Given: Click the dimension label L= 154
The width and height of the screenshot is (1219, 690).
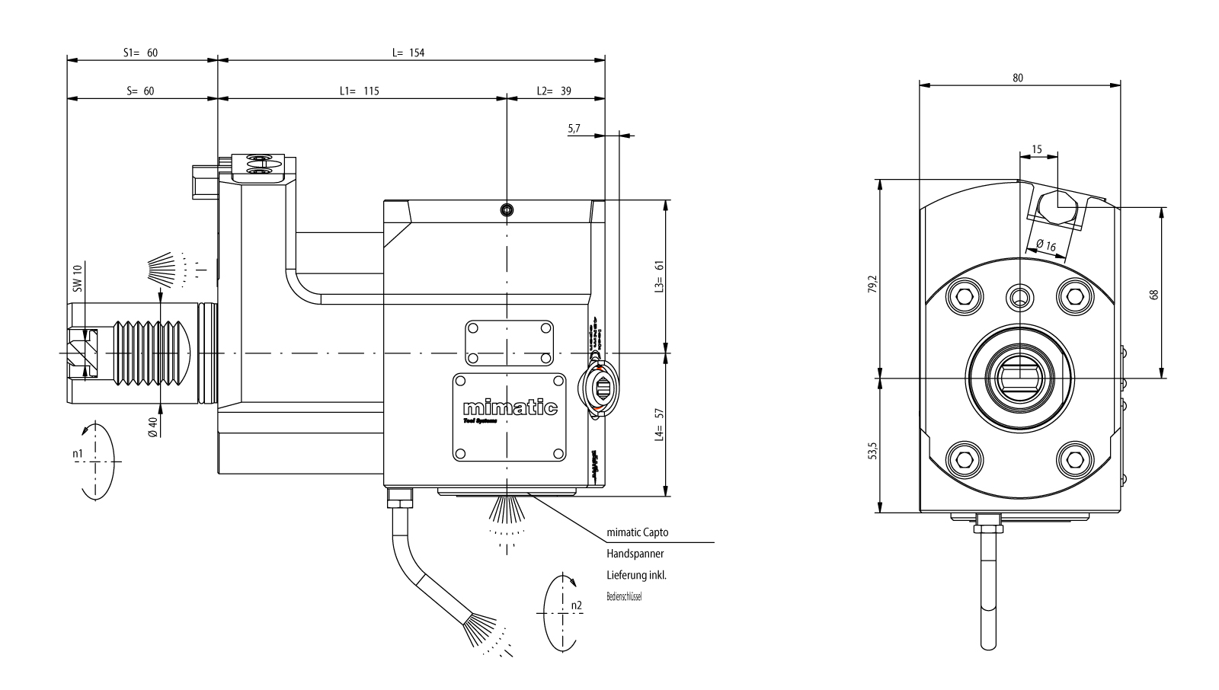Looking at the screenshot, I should click(408, 53).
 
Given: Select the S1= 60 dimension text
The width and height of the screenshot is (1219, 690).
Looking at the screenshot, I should click(141, 53).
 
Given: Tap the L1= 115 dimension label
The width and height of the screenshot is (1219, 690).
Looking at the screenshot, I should click(359, 91).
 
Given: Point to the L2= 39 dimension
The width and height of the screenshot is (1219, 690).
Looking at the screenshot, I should click(554, 91).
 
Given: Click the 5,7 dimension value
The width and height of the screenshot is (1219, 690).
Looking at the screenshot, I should click(574, 129).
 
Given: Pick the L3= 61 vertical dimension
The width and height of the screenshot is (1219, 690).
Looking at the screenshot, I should click(660, 276).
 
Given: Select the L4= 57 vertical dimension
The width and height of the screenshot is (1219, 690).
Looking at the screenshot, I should click(660, 424).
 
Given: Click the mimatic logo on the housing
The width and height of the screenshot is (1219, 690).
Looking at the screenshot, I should click(510, 408).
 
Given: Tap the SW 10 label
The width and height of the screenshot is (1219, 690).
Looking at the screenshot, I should click(77, 279).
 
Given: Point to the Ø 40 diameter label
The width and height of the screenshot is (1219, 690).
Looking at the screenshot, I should click(153, 426).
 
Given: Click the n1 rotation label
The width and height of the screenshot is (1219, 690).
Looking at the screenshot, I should click(78, 454).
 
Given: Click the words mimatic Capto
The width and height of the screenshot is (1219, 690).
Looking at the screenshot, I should click(637, 532).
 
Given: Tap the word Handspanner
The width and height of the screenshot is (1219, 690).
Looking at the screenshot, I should click(635, 554).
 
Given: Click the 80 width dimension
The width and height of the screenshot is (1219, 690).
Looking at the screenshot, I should click(1018, 77).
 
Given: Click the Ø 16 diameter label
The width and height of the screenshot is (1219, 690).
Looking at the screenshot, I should click(1045, 245).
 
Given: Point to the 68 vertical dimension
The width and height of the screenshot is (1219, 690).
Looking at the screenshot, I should click(1154, 294).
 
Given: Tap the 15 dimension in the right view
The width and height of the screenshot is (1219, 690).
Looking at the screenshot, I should click(1037, 149).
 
